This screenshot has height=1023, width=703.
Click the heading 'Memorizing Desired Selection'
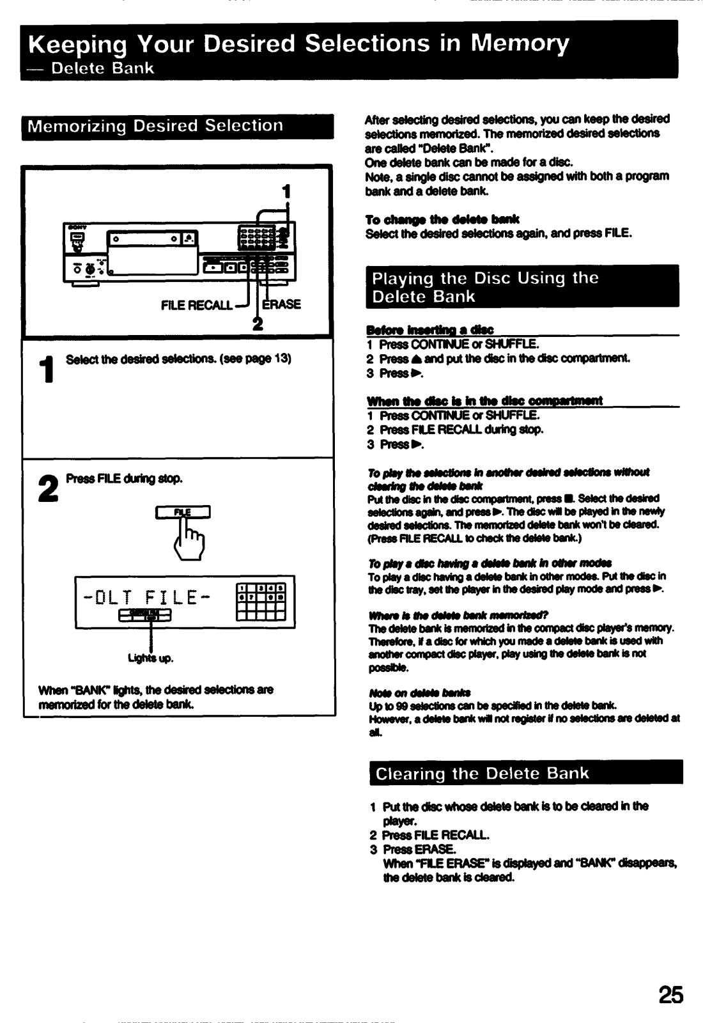pyautogui.click(x=155, y=126)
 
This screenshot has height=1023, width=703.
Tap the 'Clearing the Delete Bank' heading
pyautogui.click(x=482, y=773)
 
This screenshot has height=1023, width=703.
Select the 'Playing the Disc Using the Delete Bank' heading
pyautogui.click(x=485, y=287)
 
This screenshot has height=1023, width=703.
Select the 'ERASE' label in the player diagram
pyautogui.click(x=282, y=304)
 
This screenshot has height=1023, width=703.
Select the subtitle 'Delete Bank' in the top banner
pyautogui.click(x=102, y=68)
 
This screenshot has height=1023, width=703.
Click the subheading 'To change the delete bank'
pyautogui.click(x=442, y=219)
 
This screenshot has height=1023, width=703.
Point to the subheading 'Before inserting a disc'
pyautogui.click(x=429, y=330)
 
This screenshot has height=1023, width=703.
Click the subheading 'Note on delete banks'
pyautogui.click(x=420, y=693)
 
